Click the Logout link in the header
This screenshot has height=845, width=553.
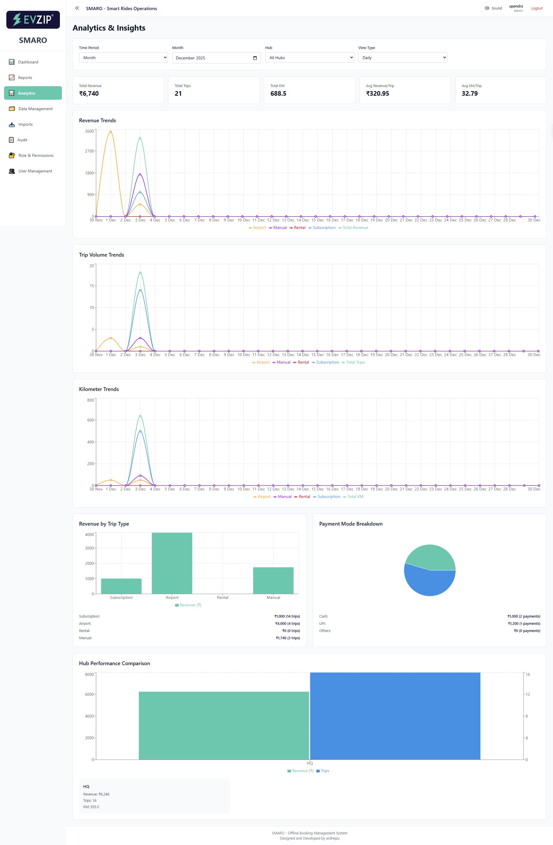click(x=536, y=8)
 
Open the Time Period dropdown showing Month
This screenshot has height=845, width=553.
click(x=123, y=58)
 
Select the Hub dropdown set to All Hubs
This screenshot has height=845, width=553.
click(x=309, y=58)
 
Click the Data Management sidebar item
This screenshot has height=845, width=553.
click(x=35, y=109)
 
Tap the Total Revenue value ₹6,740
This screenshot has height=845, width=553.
click(x=89, y=93)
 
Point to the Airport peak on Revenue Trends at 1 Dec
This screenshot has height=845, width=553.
click(x=111, y=132)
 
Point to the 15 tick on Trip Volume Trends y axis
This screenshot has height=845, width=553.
click(x=92, y=286)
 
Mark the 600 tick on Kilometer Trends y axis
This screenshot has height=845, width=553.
click(x=91, y=420)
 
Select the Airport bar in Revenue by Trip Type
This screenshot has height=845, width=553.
click(x=172, y=563)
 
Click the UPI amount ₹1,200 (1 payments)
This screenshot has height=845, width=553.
click(x=524, y=624)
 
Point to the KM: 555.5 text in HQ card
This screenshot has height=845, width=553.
click(x=91, y=807)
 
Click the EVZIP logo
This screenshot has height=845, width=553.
click(x=33, y=20)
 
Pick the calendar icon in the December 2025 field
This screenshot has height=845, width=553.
click(x=255, y=58)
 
